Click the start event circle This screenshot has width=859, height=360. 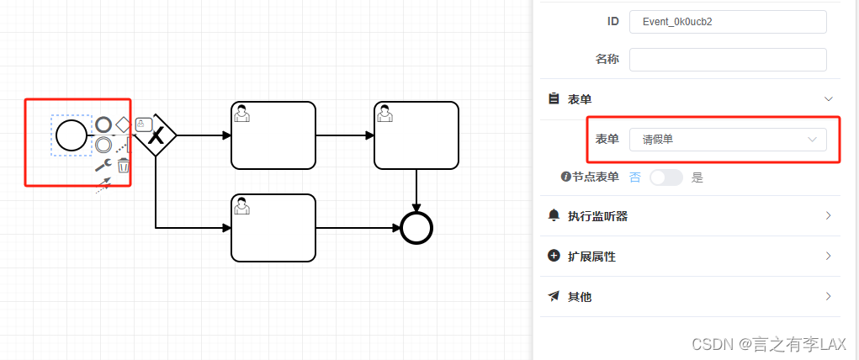(72, 135)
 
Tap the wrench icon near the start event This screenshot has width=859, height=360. (103, 165)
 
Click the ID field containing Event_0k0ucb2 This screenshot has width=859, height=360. (728, 21)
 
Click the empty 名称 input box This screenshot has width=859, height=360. (728, 60)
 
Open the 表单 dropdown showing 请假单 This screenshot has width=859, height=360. (728, 140)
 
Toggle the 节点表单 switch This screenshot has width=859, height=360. (665, 177)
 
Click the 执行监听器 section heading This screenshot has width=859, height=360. (597, 216)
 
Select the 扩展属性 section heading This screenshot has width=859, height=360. (591, 257)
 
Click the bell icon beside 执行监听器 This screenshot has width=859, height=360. (554, 215)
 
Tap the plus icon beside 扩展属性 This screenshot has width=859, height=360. (554, 256)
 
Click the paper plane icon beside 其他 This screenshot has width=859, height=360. (554, 296)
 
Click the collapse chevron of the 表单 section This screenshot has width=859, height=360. (828, 99)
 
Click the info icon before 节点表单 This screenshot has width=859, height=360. (566, 177)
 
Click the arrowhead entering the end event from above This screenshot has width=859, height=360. (416, 207)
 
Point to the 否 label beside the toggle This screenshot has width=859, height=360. (635, 177)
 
